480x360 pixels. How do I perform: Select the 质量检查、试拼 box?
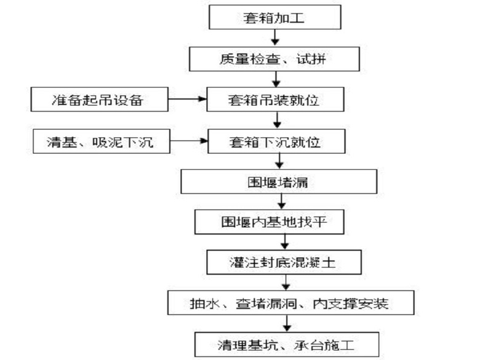coord(274,59)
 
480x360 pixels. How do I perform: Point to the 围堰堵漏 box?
coord(278,182)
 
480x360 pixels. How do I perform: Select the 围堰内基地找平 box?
coord(282,222)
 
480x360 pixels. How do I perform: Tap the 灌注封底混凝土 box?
coord(282,262)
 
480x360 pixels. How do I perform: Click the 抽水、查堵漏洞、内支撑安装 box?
coord(291,303)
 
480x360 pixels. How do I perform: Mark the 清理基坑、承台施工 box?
coord(291,343)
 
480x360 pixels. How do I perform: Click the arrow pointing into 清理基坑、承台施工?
coord(287,323)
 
